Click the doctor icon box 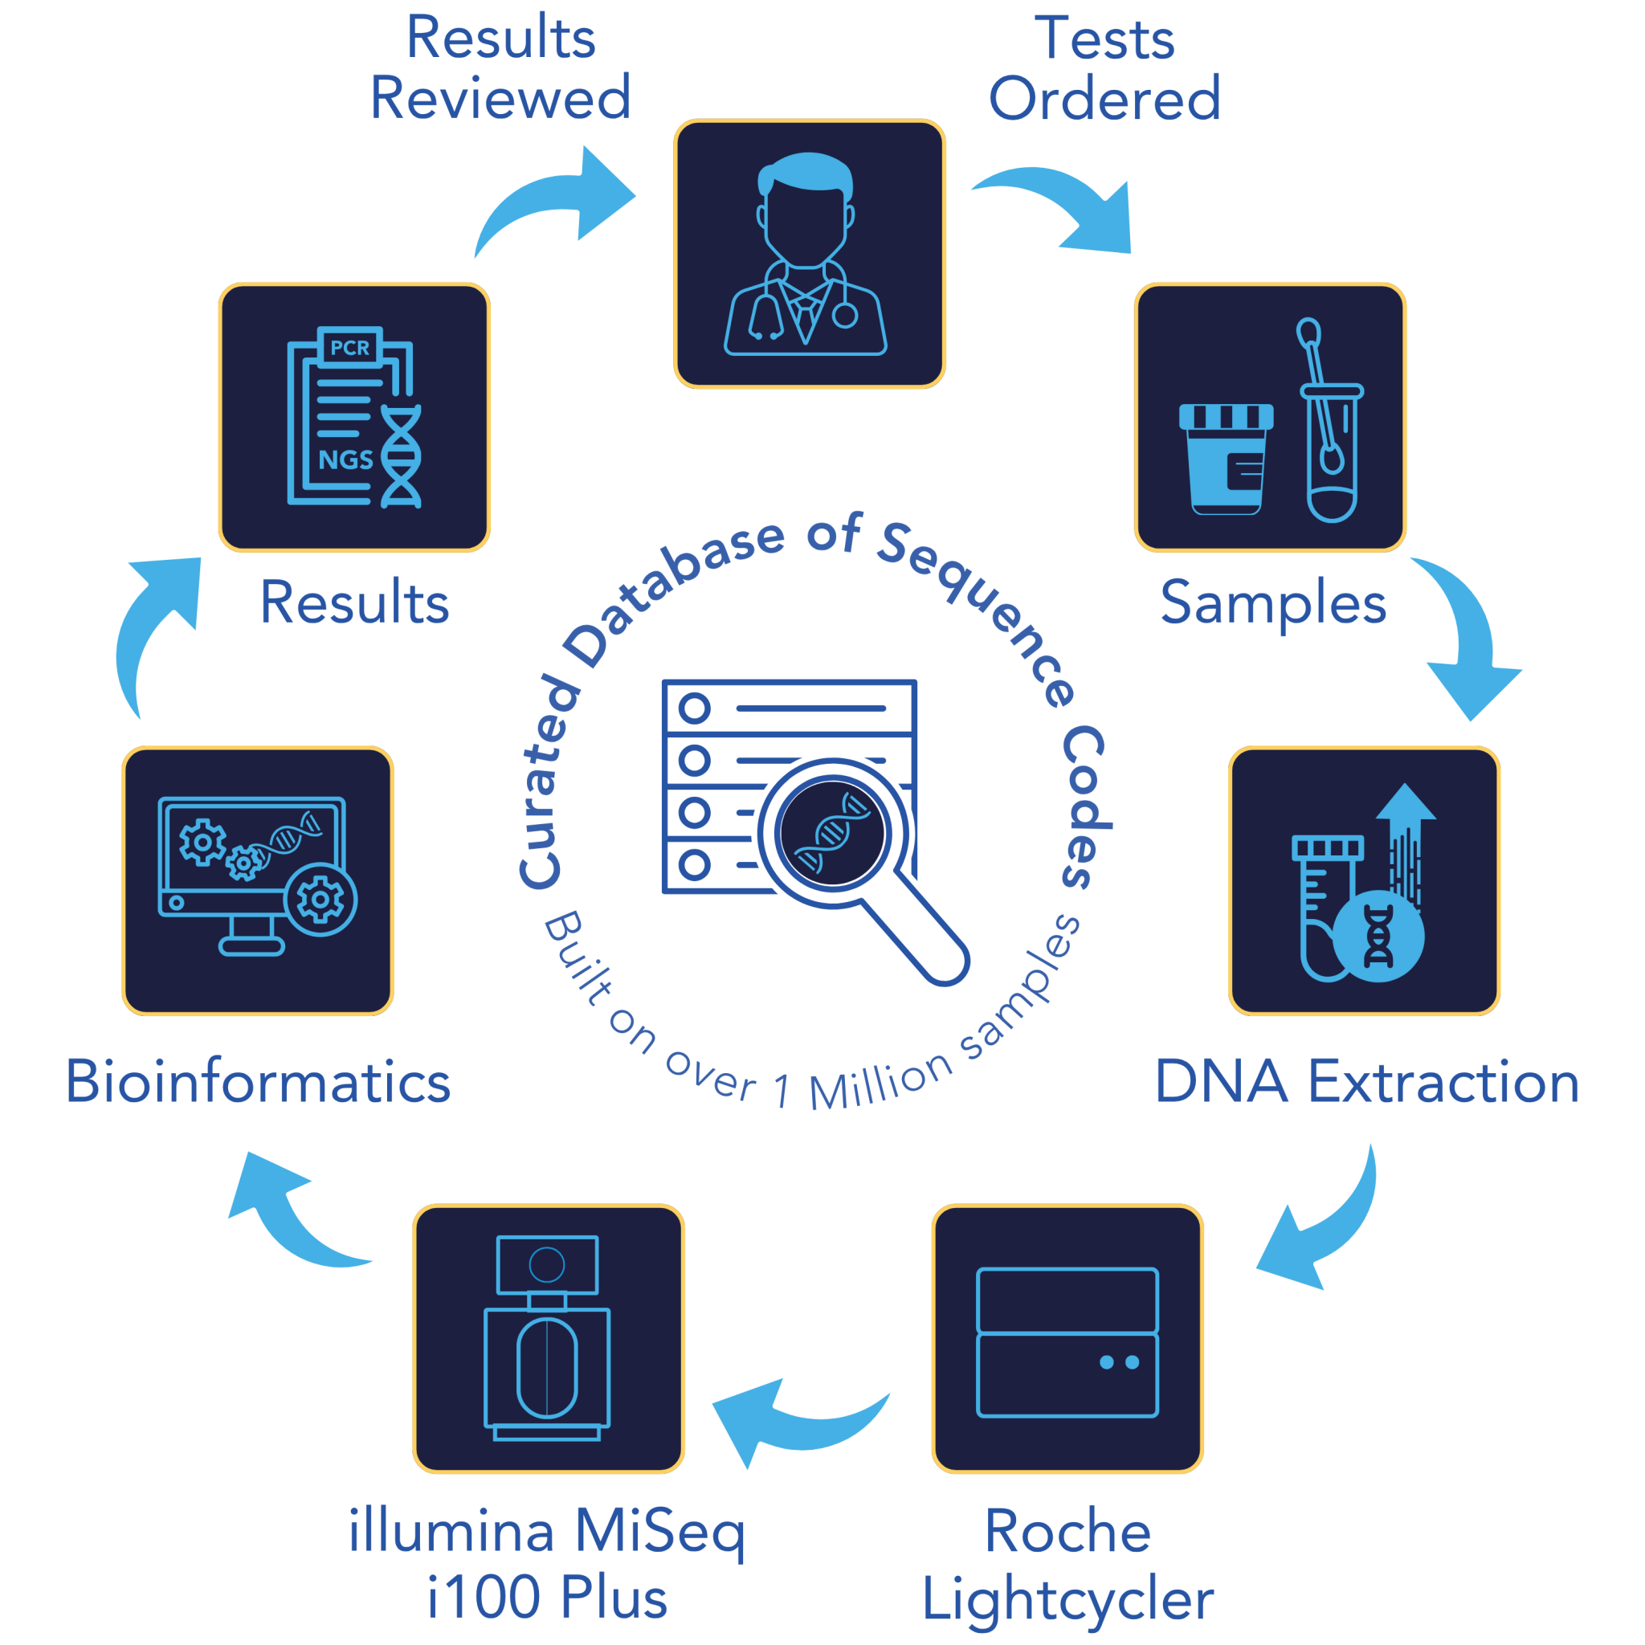pyautogui.click(x=809, y=254)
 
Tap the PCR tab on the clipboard pyautogui.click(x=350, y=347)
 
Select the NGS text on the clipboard pyautogui.click(x=345, y=459)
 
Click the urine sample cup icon pyautogui.click(x=1226, y=459)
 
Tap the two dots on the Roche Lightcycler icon pyautogui.click(x=1119, y=1362)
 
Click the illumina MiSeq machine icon pyautogui.click(x=548, y=1337)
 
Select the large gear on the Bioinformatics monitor pyautogui.click(x=320, y=900)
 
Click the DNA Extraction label pyautogui.click(x=1365, y=1082)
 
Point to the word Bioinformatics pyautogui.click(x=258, y=1082)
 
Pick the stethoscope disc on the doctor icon pyautogui.click(x=844, y=316)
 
